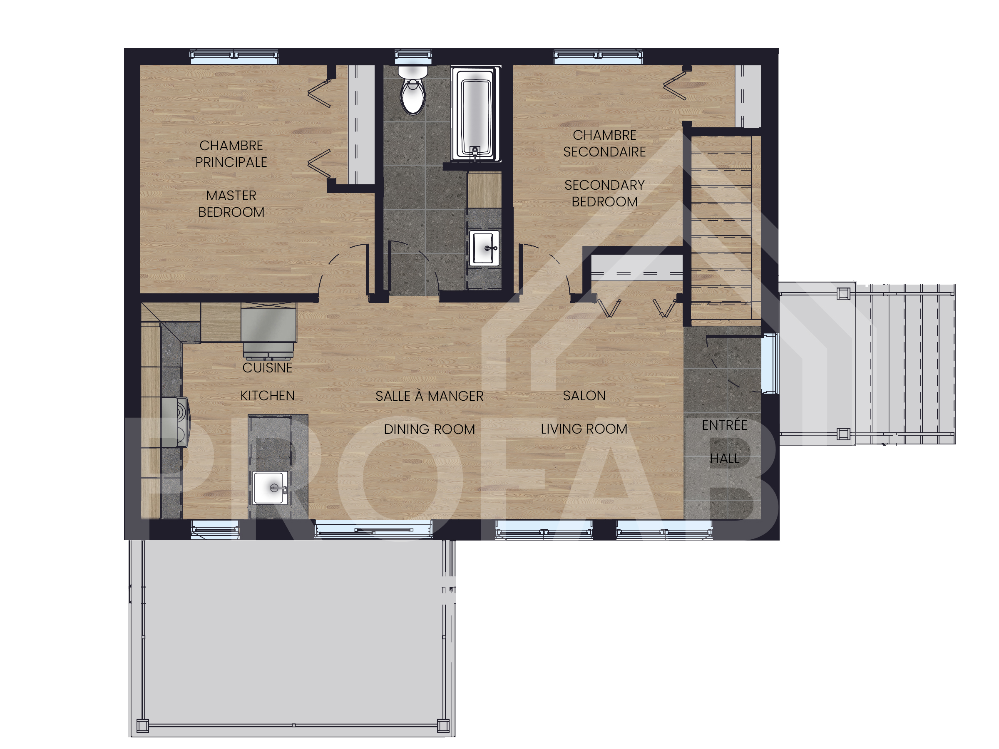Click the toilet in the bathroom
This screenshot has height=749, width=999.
pyautogui.click(x=413, y=90)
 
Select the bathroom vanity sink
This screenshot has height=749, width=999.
pyautogui.click(x=484, y=248)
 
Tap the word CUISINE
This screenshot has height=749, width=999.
pyautogui.click(x=267, y=368)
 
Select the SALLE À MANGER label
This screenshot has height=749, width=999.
pyautogui.click(x=430, y=396)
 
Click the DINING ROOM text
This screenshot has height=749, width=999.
pyautogui.click(x=430, y=429)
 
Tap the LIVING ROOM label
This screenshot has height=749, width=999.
pyautogui.click(x=584, y=429)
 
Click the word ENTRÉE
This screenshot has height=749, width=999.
pyautogui.click(x=724, y=425)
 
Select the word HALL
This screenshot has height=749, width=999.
pyautogui.click(x=724, y=459)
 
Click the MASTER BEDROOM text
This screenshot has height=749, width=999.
pyautogui.click(x=231, y=203)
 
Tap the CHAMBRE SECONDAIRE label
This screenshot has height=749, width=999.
pyautogui.click(x=604, y=144)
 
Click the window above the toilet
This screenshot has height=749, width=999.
pyautogui.click(x=413, y=57)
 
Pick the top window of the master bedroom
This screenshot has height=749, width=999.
pyautogui.click(x=234, y=57)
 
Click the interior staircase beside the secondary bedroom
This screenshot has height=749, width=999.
pyautogui.click(x=721, y=226)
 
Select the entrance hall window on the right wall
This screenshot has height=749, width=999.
pyautogui.click(x=769, y=363)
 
